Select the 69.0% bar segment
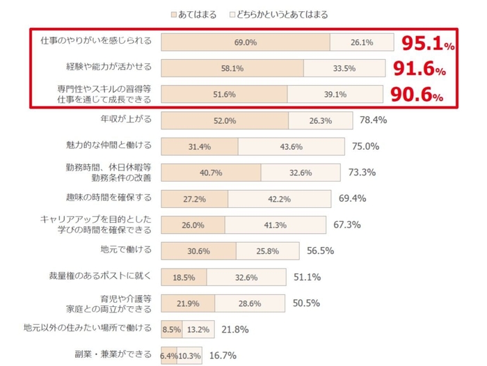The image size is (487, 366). coord(246,42)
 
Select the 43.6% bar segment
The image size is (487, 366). coord(291,147)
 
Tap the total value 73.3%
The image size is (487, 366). coord(362,173)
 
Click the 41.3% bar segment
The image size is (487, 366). coord(275,225)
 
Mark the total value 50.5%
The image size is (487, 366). coord(306,303)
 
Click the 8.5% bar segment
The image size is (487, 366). coord(171,329)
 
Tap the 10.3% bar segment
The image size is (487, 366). coord(190,356)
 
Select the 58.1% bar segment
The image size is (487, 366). coord(232,69)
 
